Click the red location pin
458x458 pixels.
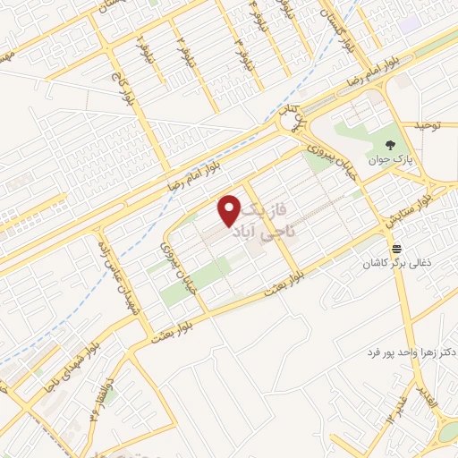pyautogui.click(x=230, y=209)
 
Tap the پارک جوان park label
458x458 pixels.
pyautogui.click(x=391, y=161)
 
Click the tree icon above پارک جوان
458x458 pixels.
pyautogui.click(x=390, y=145)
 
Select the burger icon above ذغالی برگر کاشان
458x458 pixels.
pyautogui.click(x=396, y=248)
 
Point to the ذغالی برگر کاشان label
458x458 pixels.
pyautogui.click(x=395, y=264)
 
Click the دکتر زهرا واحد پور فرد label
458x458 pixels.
pyautogui.click(x=398, y=352)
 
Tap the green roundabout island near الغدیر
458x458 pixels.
pyautogui.click(x=448, y=434)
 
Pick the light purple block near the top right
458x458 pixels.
pyautogui.click(x=410, y=24)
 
